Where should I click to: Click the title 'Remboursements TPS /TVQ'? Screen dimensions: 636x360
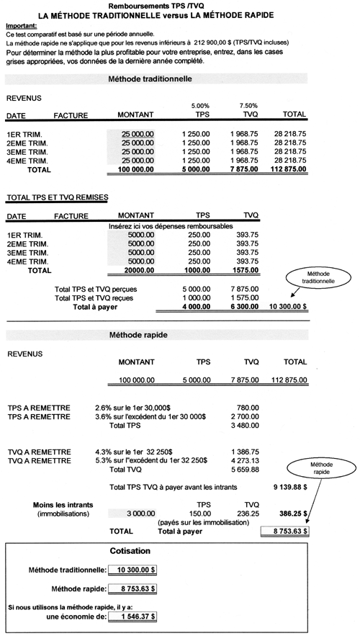coord(180,5)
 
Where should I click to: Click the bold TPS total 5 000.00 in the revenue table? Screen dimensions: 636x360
coord(195,170)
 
